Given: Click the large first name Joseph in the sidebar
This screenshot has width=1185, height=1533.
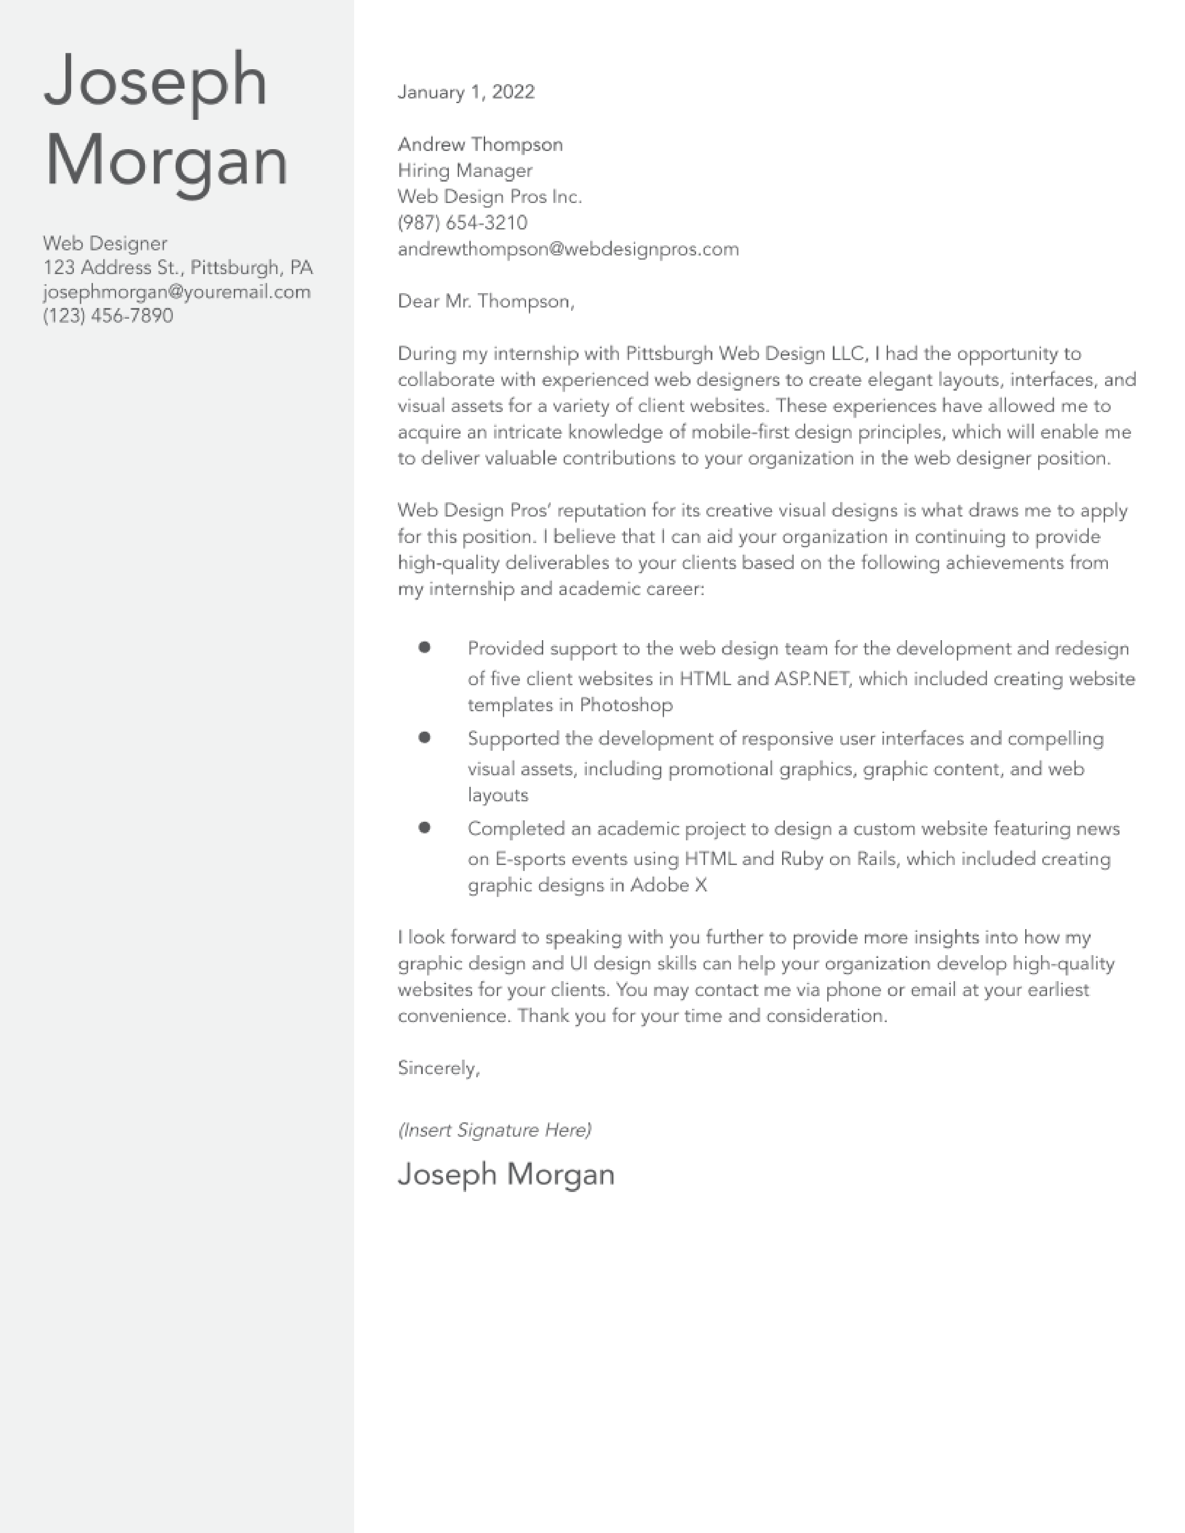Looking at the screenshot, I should [x=155, y=81].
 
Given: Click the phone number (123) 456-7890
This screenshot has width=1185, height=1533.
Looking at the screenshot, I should [x=108, y=316].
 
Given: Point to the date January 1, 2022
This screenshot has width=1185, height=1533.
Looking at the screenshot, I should [x=466, y=92].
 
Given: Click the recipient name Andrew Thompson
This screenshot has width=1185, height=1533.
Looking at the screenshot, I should [x=480, y=144].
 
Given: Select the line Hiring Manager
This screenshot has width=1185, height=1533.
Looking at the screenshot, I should [x=465, y=170].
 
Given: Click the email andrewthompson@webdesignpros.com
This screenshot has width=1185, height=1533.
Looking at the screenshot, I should [x=568, y=249].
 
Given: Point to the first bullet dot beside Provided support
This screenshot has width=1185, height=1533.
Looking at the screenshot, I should [x=424, y=647].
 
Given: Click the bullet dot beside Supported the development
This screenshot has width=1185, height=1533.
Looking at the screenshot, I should [x=424, y=737].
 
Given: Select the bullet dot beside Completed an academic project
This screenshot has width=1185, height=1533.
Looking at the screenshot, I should [x=424, y=827].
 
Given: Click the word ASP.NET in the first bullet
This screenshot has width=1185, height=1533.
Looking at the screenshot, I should [x=811, y=679].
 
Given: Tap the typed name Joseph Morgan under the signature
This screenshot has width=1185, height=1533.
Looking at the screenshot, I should [x=506, y=1174].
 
